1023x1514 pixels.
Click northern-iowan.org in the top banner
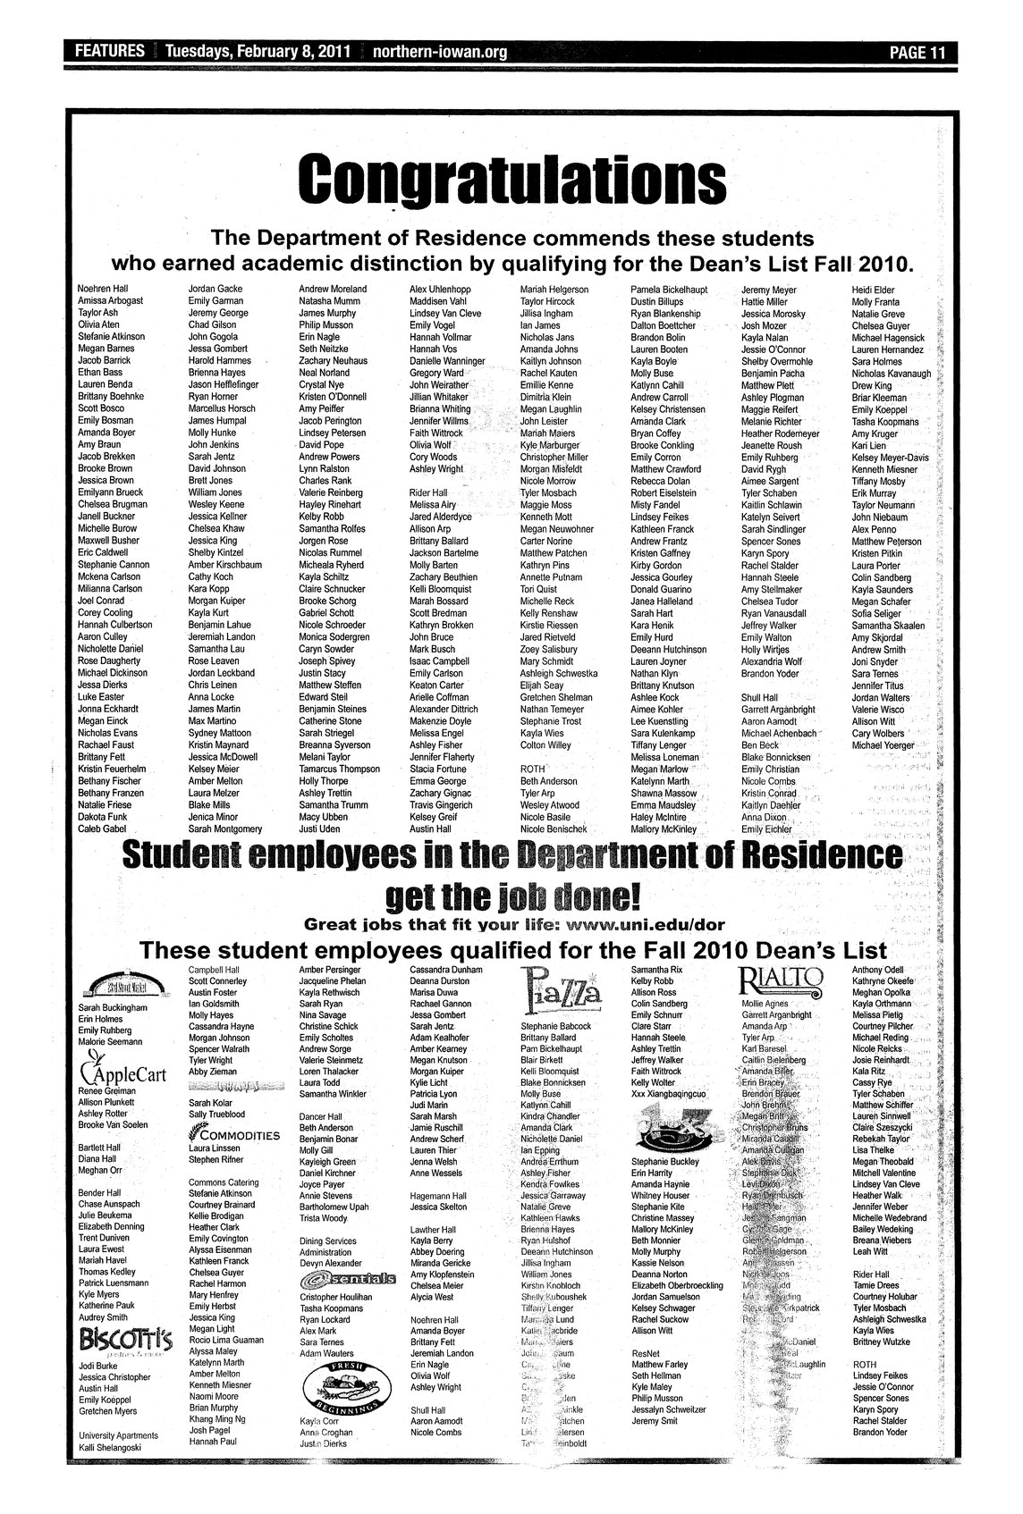click(438, 52)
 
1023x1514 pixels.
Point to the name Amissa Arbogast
click(110, 302)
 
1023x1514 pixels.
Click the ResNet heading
click(645, 1353)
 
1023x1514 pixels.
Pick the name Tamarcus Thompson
click(339, 769)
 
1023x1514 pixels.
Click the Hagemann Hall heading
click(437, 1195)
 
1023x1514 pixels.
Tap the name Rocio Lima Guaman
click(226, 1340)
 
